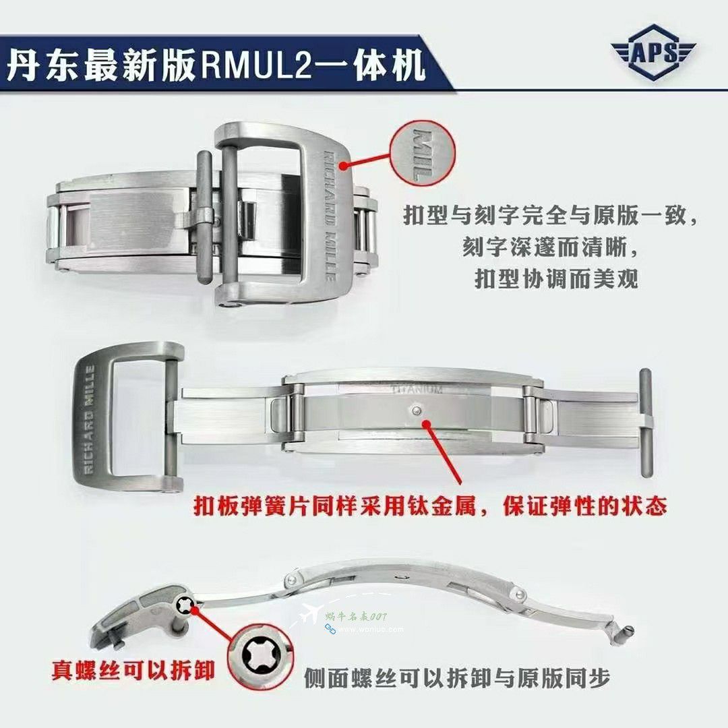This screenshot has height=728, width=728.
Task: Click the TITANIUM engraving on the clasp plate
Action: tap(417, 389)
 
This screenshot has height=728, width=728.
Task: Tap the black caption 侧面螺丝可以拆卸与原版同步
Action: tap(457, 677)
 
